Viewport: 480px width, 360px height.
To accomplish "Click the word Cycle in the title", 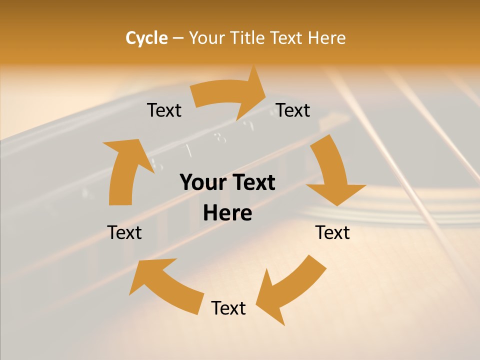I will (x=146, y=38).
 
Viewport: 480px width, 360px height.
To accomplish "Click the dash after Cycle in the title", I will (x=178, y=38).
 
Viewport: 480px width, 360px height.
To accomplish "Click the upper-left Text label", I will (x=164, y=110).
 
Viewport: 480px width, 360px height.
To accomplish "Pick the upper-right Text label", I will (x=293, y=110).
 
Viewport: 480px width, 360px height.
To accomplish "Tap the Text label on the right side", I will (x=332, y=232).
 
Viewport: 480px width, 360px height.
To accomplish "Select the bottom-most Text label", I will (x=228, y=308).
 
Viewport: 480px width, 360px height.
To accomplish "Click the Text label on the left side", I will (x=124, y=232).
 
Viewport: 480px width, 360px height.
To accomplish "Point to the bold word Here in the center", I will (x=227, y=213).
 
